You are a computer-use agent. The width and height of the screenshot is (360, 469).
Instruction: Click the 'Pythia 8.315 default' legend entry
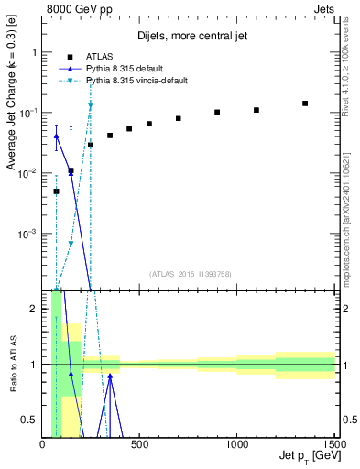tap(128, 69)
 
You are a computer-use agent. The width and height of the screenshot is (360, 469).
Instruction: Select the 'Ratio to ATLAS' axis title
tap(12, 364)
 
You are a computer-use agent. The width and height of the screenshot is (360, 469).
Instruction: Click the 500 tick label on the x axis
tap(140, 446)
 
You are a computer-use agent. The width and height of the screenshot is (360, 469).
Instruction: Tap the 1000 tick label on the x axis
tap(237, 446)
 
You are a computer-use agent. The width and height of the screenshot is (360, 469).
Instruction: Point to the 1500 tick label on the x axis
tap(333, 446)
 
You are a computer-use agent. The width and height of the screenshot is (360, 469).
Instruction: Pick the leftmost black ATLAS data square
tap(56, 191)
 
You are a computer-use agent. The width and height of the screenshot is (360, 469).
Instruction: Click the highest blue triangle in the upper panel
tap(56, 136)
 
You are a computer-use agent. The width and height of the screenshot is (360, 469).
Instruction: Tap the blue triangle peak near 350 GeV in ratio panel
tap(110, 375)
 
